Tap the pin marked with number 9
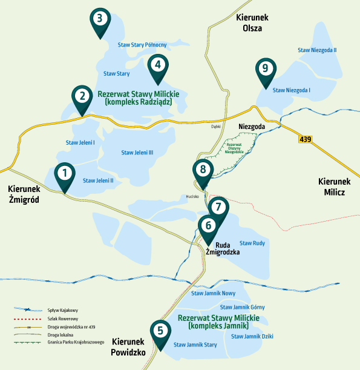264,68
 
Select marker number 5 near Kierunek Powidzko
160,331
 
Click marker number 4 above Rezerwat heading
157,64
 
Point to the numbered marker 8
203,170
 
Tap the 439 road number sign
306,139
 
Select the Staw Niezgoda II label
318,50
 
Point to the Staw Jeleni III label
137,152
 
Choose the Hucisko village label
192,196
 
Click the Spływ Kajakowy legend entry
63,310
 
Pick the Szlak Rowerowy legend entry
63,318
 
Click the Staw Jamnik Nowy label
213,293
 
